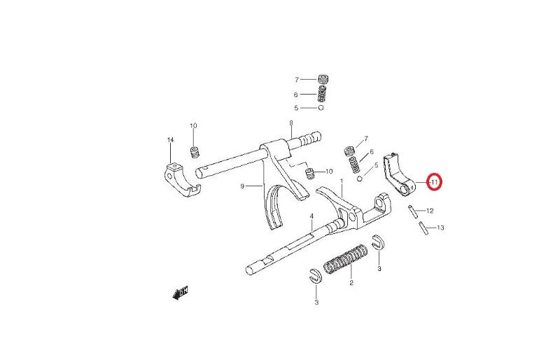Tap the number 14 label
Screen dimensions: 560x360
click(170, 140)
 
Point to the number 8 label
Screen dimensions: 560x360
click(291, 123)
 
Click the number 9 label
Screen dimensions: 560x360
click(242, 186)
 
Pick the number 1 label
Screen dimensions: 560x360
click(342, 181)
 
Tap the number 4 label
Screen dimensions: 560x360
click(311, 216)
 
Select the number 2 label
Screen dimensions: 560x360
click(351, 283)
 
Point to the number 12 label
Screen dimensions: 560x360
click(430, 211)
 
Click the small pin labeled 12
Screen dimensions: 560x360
click(413, 211)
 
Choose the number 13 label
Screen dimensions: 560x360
click(441, 228)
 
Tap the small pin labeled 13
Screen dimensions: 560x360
click(423, 228)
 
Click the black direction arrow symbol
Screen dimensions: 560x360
click(180, 293)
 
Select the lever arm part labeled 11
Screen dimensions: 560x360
click(398, 175)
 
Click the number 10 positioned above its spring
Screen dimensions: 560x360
click(193, 126)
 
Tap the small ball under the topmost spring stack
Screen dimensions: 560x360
click(321, 108)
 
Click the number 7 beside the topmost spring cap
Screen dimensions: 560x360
click(296, 80)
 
